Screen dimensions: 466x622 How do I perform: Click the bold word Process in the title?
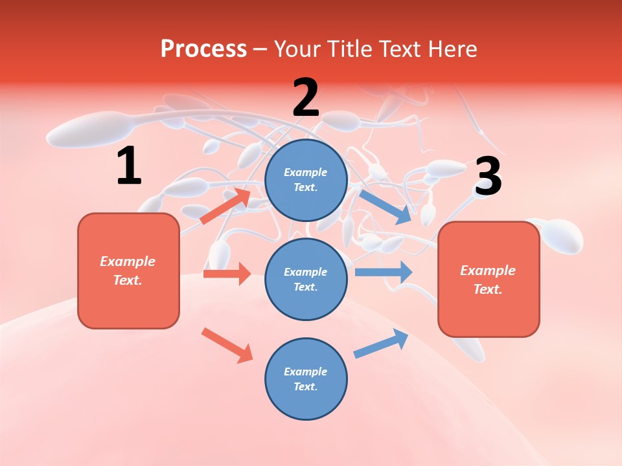(x=203, y=49)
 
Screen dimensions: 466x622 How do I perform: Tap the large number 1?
(x=129, y=166)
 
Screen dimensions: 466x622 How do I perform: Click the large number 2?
(x=306, y=98)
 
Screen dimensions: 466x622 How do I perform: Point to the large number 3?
(x=488, y=177)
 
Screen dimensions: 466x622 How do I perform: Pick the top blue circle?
(x=306, y=180)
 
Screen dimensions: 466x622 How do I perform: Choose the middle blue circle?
(x=306, y=280)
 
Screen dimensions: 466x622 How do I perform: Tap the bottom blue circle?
(x=306, y=379)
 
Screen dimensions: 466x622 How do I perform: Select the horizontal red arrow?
(x=227, y=274)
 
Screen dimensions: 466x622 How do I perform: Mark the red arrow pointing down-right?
(x=227, y=345)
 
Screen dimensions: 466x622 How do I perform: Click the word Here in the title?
(x=452, y=49)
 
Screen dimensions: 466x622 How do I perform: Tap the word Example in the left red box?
(x=128, y=261)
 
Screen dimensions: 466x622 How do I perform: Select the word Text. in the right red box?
(x=488, y=289)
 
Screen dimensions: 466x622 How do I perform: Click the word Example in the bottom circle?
(x=305, y=372)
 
